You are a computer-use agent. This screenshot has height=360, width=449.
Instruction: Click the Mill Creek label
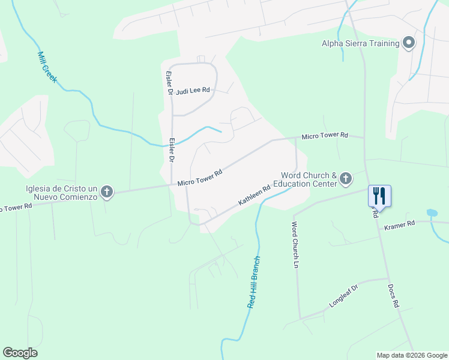(x=46, y=67)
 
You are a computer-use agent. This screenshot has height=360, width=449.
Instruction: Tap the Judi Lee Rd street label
(x=193, y=91)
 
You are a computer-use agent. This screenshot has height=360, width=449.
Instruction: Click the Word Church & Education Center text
(x=305, y=179)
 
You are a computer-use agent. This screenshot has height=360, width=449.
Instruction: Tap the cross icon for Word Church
(x=345, y=178)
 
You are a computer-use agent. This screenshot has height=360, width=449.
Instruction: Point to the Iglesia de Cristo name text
(x=61, y=193)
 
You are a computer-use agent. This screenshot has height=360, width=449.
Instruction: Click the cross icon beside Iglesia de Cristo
(x=106, y=192)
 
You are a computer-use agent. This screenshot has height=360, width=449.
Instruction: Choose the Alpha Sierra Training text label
(x=361, y=43)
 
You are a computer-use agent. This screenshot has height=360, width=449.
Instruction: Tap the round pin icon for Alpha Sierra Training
(x=409, y=43)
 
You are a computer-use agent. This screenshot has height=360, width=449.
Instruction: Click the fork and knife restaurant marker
(x=379, y=195)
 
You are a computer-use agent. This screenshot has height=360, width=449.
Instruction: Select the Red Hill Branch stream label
(x=255, y=282)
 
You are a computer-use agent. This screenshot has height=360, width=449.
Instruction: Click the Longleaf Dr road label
(x=343, y=296)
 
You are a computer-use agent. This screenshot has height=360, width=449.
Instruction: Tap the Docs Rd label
(x=393, y=296)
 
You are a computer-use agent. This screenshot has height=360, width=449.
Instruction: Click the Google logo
(x=20, y=353)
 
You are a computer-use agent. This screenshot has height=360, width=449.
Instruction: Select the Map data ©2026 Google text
(x=412, y=355)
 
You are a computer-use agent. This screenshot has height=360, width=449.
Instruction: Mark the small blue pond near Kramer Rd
(x=431, y=212)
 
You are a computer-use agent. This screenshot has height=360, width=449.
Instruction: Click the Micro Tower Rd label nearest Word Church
(x=325, y=136)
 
